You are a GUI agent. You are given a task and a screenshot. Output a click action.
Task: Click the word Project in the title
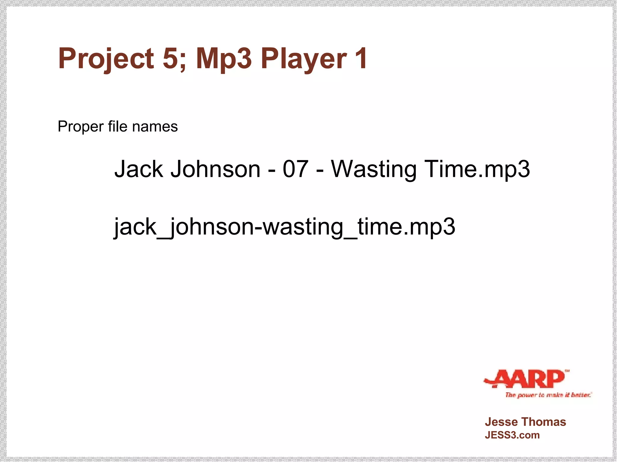coord(106,59)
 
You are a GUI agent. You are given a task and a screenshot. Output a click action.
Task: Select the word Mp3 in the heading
coord(224,59)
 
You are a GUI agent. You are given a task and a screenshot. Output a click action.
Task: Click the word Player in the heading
coord(304,59)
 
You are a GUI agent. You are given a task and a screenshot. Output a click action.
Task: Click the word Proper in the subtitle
coord(80,127)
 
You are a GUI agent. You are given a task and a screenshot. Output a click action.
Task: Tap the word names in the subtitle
coord(155,127)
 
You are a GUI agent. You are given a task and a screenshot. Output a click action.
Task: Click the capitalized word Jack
coord(139,169)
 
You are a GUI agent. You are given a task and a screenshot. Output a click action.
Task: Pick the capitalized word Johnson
coord(215,169)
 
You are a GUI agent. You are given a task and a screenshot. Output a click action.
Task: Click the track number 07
coord(296,169)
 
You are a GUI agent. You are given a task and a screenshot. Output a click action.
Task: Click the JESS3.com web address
coord(512,435)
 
